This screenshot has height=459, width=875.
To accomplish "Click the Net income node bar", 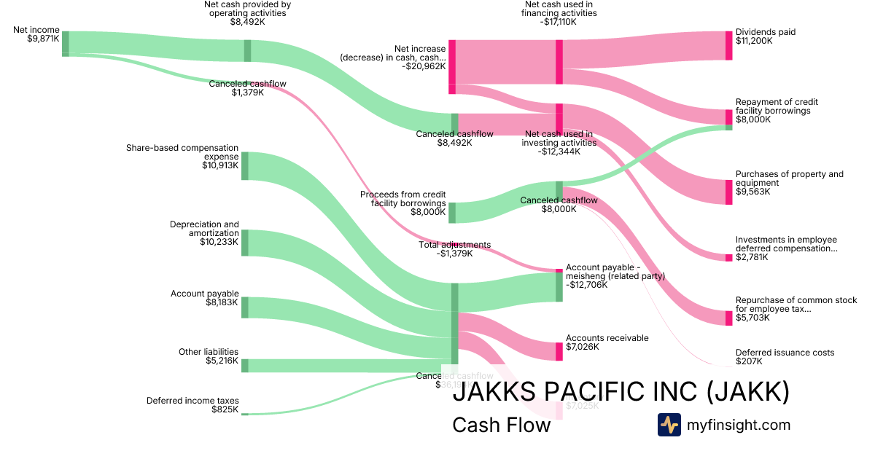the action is tap(66, 43).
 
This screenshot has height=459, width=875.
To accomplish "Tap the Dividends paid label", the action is tap(765, 32).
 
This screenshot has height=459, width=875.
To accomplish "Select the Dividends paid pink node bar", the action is tap(728, 45).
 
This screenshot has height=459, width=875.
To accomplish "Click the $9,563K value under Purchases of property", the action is tap(753, 192).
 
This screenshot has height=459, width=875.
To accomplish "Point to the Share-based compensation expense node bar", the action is tap(245, 165).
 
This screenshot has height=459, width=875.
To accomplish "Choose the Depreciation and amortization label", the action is tap(204, 229).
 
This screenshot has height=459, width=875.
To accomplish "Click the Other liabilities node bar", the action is tap(245, 365).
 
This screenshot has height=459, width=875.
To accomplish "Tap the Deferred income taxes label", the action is tap(192, 400).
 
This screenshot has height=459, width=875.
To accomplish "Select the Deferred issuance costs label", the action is tap(785, 353).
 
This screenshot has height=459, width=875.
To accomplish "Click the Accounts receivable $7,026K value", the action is tap(583, 347).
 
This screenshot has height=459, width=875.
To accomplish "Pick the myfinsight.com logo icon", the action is tap(669, 425).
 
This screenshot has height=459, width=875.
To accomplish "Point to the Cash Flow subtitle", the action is tap(501, 425).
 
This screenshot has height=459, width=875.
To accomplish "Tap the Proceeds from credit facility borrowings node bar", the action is tap(452, 212).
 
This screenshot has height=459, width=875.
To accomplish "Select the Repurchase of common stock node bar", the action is tap(728, 318).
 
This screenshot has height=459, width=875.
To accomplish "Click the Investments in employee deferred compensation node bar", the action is tap(728, 257).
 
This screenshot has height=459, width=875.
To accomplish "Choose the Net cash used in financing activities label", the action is tap(559, 13).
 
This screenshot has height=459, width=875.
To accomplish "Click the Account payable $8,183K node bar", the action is tap(245, 307).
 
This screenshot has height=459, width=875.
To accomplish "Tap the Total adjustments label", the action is tap(454, 245).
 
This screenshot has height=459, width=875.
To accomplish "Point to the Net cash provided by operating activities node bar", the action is tap(247, 50).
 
